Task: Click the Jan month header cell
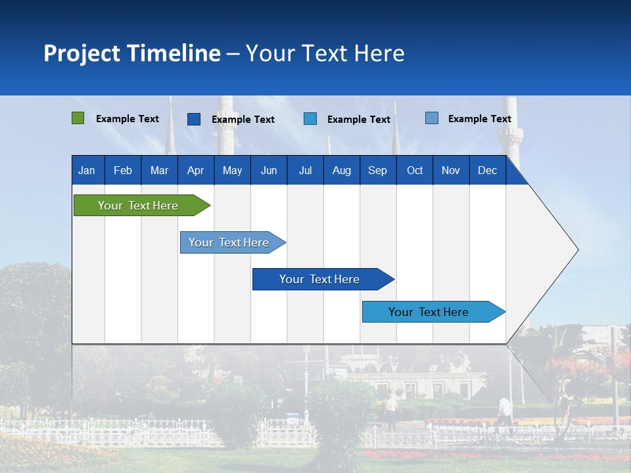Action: click(x=87, y=171)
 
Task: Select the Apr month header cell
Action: click(x=195, y=171)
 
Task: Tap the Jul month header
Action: click(x=305, y=171)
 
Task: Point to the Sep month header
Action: click(x=377, y=171)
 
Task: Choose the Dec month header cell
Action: click(x=487, y=171)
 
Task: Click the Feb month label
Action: click(x=123, y=171)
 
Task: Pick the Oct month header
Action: click(x=415, y=171)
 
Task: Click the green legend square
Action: click(x=78, y=118)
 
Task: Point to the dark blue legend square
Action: click(x=194, y=119)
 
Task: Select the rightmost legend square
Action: click(x=432, y=118)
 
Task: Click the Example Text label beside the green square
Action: click(x=128, y=119)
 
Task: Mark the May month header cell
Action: click(x=232, y=171)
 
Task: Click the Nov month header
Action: click(x=451, y=171)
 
